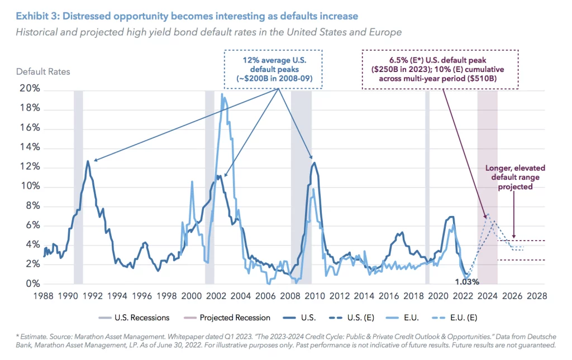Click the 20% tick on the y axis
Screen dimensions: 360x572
tap(27, 89)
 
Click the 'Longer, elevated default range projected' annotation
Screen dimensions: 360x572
tap(514, 177)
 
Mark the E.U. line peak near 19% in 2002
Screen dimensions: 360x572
tap(222, 95)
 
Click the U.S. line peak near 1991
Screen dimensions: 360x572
tap(88, 161)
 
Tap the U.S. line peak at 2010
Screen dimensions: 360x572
tap(314, 163)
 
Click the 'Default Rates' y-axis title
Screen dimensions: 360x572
tap(43, 71)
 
